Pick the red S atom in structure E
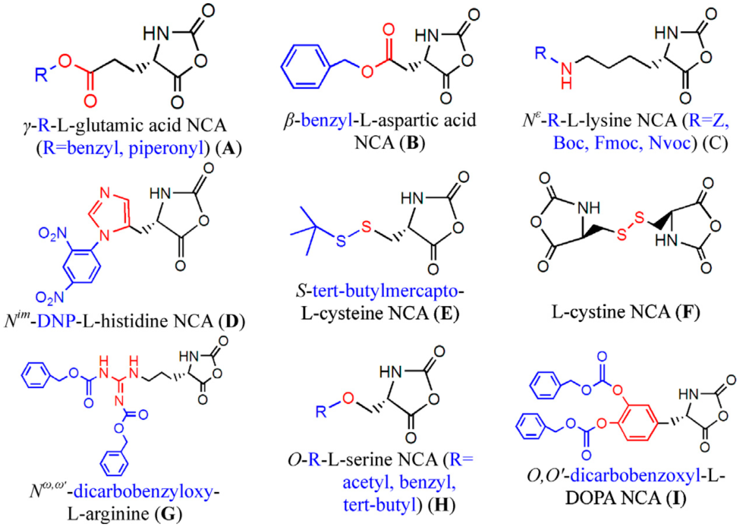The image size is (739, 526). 366,227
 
